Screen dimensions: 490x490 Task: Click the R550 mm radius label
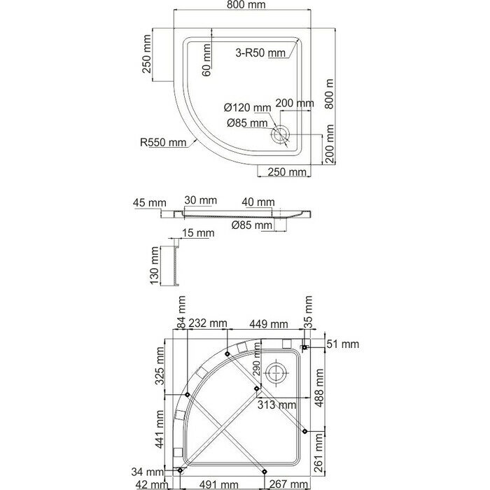[x=162, y=143]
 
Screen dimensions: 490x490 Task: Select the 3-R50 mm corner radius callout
[x=260, y=52]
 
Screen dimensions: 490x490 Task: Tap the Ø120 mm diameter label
[x=247, y=108]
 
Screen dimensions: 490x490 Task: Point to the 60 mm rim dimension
[x=206, y=60]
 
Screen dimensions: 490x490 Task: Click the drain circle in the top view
[x=281, y=134]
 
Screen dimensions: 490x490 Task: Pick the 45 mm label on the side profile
[x=149, y=202]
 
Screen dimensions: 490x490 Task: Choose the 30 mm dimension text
[x=200, y=200]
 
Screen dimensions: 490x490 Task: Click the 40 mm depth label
[x=258, y=202]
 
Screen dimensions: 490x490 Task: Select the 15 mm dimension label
[x=198, y=233]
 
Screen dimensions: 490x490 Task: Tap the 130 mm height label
[x=155, y=265]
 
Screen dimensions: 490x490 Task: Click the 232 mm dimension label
[x=207, y=323]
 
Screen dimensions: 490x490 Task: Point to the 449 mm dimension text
[x=268, y=324]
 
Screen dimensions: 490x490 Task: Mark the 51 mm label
[x=343, y=344]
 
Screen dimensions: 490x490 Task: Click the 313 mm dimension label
[x=276, y=405]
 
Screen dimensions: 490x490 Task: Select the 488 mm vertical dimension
[x=319, y=388]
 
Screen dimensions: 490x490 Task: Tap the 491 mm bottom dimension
[x=219, y=484]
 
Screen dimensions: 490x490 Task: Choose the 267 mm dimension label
[x=288, y=484]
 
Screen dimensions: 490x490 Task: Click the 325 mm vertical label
[x=160, y=366]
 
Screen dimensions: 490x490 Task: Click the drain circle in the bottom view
[x=276, y=373]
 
